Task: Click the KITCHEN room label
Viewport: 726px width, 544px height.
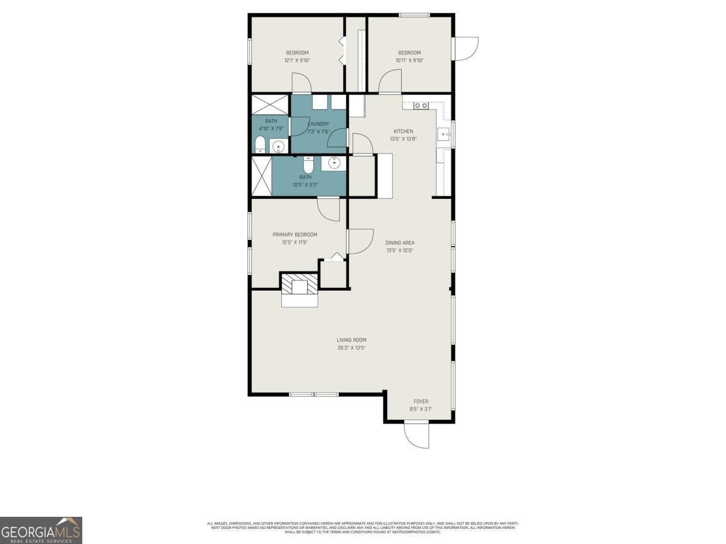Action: click(x=404, y=131)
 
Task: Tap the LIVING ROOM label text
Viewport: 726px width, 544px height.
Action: click(x=352, y=340)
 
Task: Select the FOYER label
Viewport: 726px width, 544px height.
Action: click(x=421, y=401)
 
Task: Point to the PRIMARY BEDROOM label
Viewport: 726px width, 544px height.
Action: click(x=295, y=235)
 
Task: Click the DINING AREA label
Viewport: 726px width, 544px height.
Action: click(x=400, y=242)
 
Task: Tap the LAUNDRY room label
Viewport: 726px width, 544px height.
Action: click(x=318, y=124)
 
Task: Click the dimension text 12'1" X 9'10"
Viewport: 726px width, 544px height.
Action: click(x=297, y=60)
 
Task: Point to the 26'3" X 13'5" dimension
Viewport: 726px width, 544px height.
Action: click(x=352, y=348)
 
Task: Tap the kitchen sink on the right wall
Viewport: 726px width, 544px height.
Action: click(x=444, y=135)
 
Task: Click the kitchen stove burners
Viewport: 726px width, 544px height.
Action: click(x=421, y=106)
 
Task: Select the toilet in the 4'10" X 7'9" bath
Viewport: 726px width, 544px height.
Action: click(x=260, y=144)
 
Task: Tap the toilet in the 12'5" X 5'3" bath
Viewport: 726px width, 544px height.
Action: click(x=308, y=164)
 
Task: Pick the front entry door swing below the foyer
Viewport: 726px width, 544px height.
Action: click(x=416, y=435)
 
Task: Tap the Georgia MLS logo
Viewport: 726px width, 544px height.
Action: click(x=41, y=530)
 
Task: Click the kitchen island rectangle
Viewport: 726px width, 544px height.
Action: click(x=384, y=175)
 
